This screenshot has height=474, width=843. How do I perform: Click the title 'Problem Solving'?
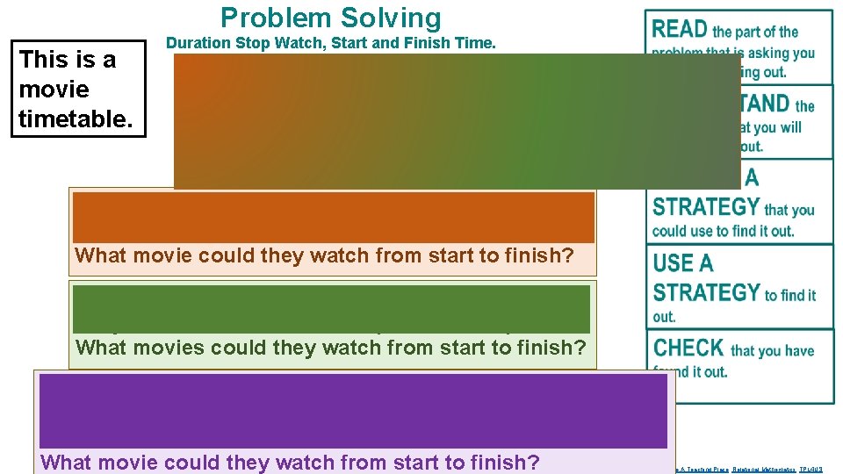[x=331, y=18]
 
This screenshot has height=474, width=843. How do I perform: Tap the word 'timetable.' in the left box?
[x=76, y=118]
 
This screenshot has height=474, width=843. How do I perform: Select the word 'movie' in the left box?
[x=54, y=90]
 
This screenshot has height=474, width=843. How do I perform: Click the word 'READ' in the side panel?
[x=680, y=30]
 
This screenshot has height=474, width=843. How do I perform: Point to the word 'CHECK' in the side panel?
[x=688, y=348]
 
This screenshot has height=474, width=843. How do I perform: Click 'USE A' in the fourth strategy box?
[x=683, y=263]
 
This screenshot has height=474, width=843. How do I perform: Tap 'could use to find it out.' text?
[x=723, y=232]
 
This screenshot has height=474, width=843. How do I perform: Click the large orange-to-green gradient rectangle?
[x=457, y=121]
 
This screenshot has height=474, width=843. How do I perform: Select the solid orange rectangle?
[x=333, y=217]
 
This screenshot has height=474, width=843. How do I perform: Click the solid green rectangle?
[x=331, y=308]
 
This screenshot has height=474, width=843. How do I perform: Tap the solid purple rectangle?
[x=353, y=411]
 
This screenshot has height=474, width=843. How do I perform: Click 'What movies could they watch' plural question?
[x=330, y=348]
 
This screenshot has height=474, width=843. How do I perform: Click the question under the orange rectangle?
[x=324, y=256]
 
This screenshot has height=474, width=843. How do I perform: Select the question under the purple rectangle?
[x=290, y=463]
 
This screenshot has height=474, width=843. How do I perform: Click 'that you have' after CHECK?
[x=772, y=351]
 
